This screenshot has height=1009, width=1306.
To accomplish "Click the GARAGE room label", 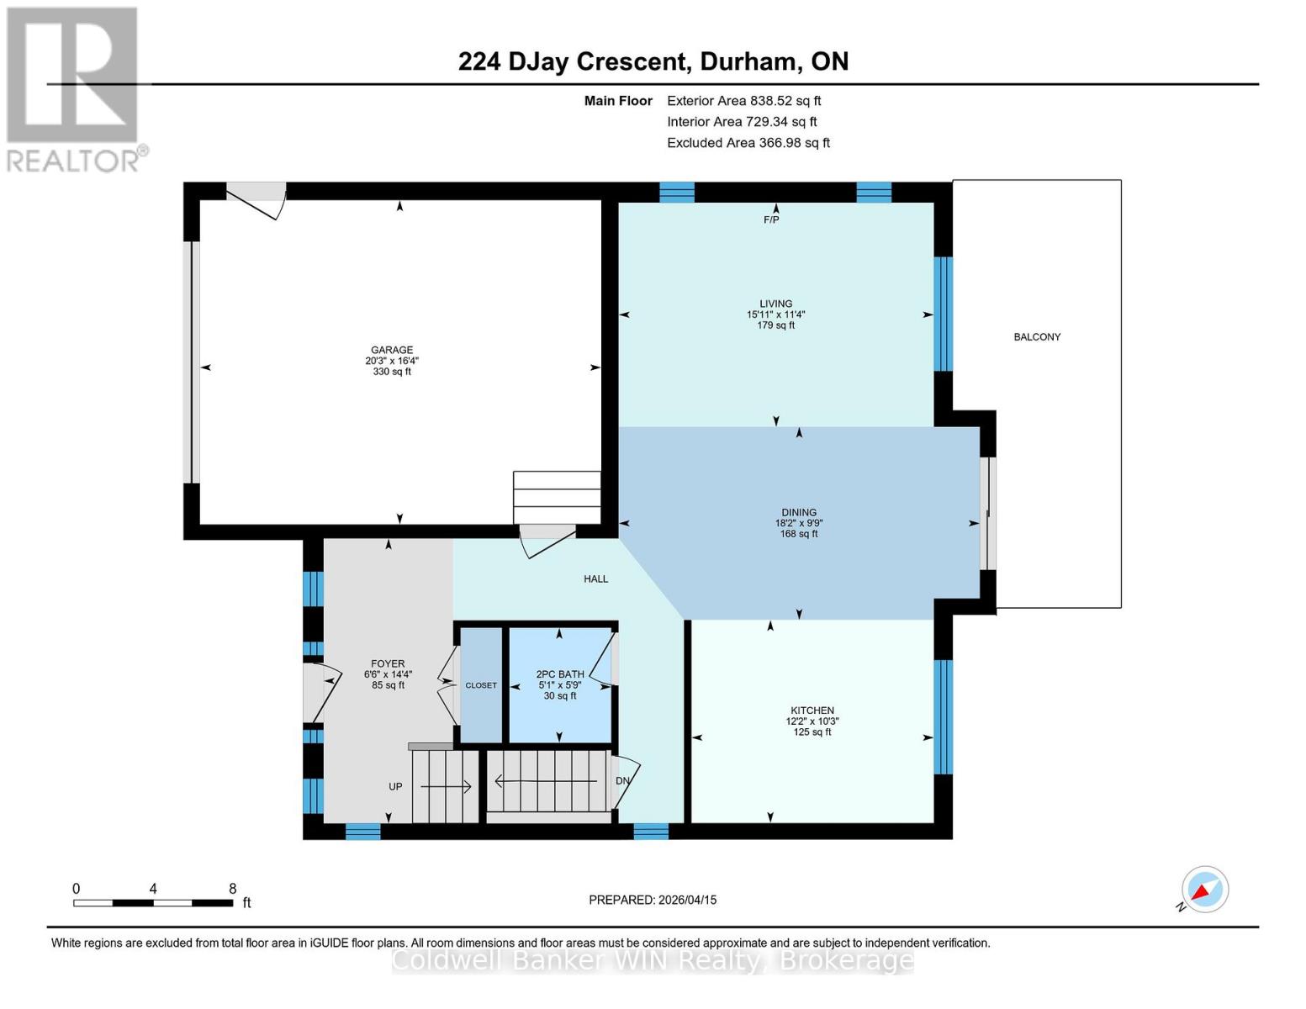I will point(392,350).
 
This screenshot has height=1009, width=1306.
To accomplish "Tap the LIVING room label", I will point(775,304).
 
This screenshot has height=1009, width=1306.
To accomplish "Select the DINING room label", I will point(798,512).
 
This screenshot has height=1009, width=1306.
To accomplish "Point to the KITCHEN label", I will point(812,711).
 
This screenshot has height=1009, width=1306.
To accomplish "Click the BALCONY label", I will point(1037,336).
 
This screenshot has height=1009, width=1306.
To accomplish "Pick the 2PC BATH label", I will point(560,674).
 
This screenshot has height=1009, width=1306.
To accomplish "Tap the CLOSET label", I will point(481,685).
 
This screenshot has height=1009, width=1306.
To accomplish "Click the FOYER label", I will point(388,663).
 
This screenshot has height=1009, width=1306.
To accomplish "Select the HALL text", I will point(595,578).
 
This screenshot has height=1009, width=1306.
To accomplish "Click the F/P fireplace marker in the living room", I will point(771,219).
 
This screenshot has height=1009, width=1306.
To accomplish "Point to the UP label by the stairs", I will point(395,787).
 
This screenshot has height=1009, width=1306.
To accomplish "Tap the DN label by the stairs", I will point(622,780).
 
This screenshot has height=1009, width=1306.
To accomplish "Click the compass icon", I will point(1204,890).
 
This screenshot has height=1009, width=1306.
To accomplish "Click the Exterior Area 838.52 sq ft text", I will point(743,101).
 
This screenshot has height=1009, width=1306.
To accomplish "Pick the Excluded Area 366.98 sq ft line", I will point(748,143).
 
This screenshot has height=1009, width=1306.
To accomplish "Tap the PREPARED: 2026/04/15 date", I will point(653,900).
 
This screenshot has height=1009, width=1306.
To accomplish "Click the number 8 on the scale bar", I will point(233,889).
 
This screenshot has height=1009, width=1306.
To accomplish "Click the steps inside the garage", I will point(557,497).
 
